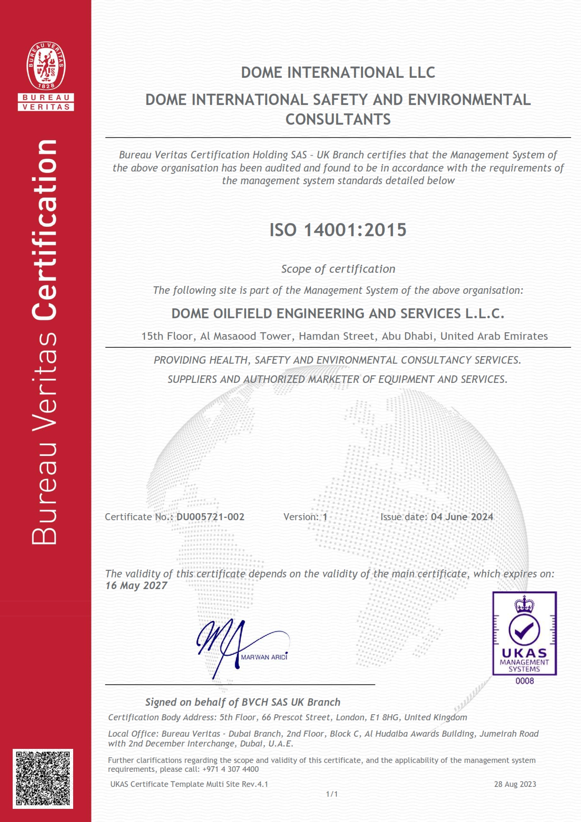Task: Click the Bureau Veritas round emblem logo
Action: [x=46, y=65]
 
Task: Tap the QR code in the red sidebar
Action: [x=43, y=778]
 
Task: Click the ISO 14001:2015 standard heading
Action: [x=338, y=230]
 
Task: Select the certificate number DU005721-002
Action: [x=210, y=517]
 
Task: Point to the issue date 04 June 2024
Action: [x=462, y=517]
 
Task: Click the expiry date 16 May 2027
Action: [x=136, y=586]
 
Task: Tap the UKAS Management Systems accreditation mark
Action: [x=524, y=633]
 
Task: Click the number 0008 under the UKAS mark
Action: [x=525, y=681]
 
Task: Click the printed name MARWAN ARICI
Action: [x=264, y=658]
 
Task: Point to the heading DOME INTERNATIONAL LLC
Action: [x=338, y=73]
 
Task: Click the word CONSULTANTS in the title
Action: [x=338, y=120]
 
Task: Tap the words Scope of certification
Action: [x=338, y=269]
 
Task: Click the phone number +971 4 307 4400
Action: [x=231, y=769]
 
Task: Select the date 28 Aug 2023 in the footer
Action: [x=515, y=784]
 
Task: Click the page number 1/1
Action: [x=332, y=794]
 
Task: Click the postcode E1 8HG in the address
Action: [x=385, y=717]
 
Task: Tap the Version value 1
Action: [x=325, y=517]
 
